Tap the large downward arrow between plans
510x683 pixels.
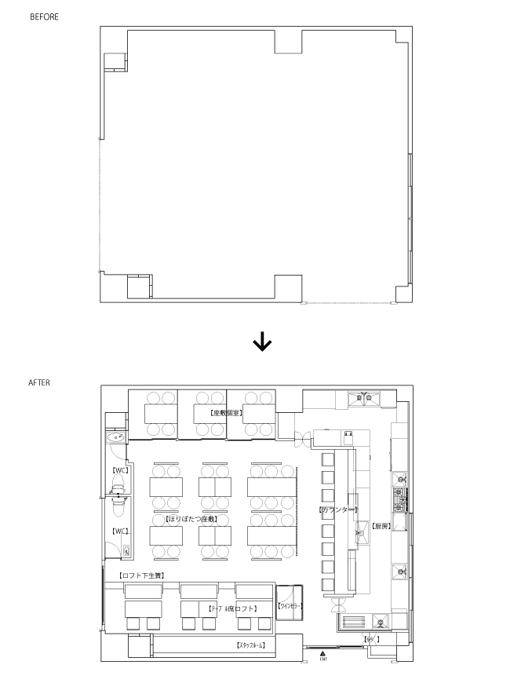tap(261, 342)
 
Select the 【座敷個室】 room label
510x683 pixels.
tap(225, 412)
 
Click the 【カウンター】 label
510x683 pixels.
tap(338, 510)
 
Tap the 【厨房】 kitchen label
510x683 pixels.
tap(381, 525)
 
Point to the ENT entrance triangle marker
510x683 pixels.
tap(322, 653)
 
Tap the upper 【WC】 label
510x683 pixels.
tap(120, 470)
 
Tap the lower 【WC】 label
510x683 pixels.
tap(120, 531)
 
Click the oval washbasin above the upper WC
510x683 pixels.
tap(116, 436)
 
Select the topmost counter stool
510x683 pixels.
tap(328, 458)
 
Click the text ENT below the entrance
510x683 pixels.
tap(322, 659)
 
